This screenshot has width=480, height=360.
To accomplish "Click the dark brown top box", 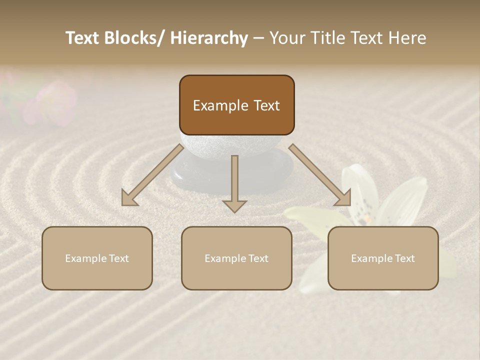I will [236, 105].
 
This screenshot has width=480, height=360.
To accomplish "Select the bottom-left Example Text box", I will [97, 258].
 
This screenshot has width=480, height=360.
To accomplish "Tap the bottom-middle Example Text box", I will [236, 258].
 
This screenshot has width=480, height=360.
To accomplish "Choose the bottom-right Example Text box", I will [383, 258].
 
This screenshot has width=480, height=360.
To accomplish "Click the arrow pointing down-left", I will [151, 175].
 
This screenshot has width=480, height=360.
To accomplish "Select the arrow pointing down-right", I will [320, 175].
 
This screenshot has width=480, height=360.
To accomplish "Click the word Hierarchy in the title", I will [209, 38].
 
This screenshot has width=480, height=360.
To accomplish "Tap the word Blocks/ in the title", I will [135, 38].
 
